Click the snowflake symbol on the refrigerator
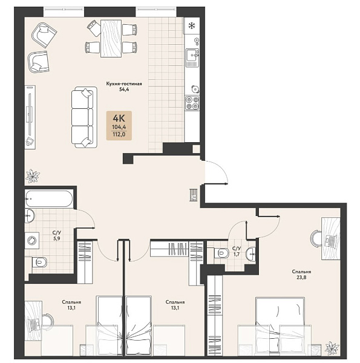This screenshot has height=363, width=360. (x=191, y=25)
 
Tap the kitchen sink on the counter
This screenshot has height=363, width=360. (x=192, y=55)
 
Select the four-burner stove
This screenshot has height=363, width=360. (x=192, y=103)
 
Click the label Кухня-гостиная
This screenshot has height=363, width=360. (x=124, y=84)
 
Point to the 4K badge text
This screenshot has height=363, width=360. (x=119, y=119)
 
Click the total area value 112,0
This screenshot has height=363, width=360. (x=119, y=134)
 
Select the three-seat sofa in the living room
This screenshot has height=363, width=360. (x=84, y=117)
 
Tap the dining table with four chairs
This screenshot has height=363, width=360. (x=111, y=39)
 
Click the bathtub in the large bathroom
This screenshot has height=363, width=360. (x=49, y=198)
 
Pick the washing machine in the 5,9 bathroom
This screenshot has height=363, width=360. (x=32, y=241)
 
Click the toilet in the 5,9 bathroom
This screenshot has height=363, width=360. (x=39, y=263)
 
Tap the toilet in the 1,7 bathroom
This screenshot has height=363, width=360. (x=221, y=253)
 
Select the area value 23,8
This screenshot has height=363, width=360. (x=301, y=277)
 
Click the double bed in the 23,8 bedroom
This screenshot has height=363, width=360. (x=280, y=327)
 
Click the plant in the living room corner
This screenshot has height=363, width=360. (x=33, y=176)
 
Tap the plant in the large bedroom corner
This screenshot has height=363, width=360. (x=332, y=348)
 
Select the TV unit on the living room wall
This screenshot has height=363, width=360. (x=30, y=117)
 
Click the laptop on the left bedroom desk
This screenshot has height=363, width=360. (x=34, y=324)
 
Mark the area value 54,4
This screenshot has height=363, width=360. (x=124, y=90)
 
